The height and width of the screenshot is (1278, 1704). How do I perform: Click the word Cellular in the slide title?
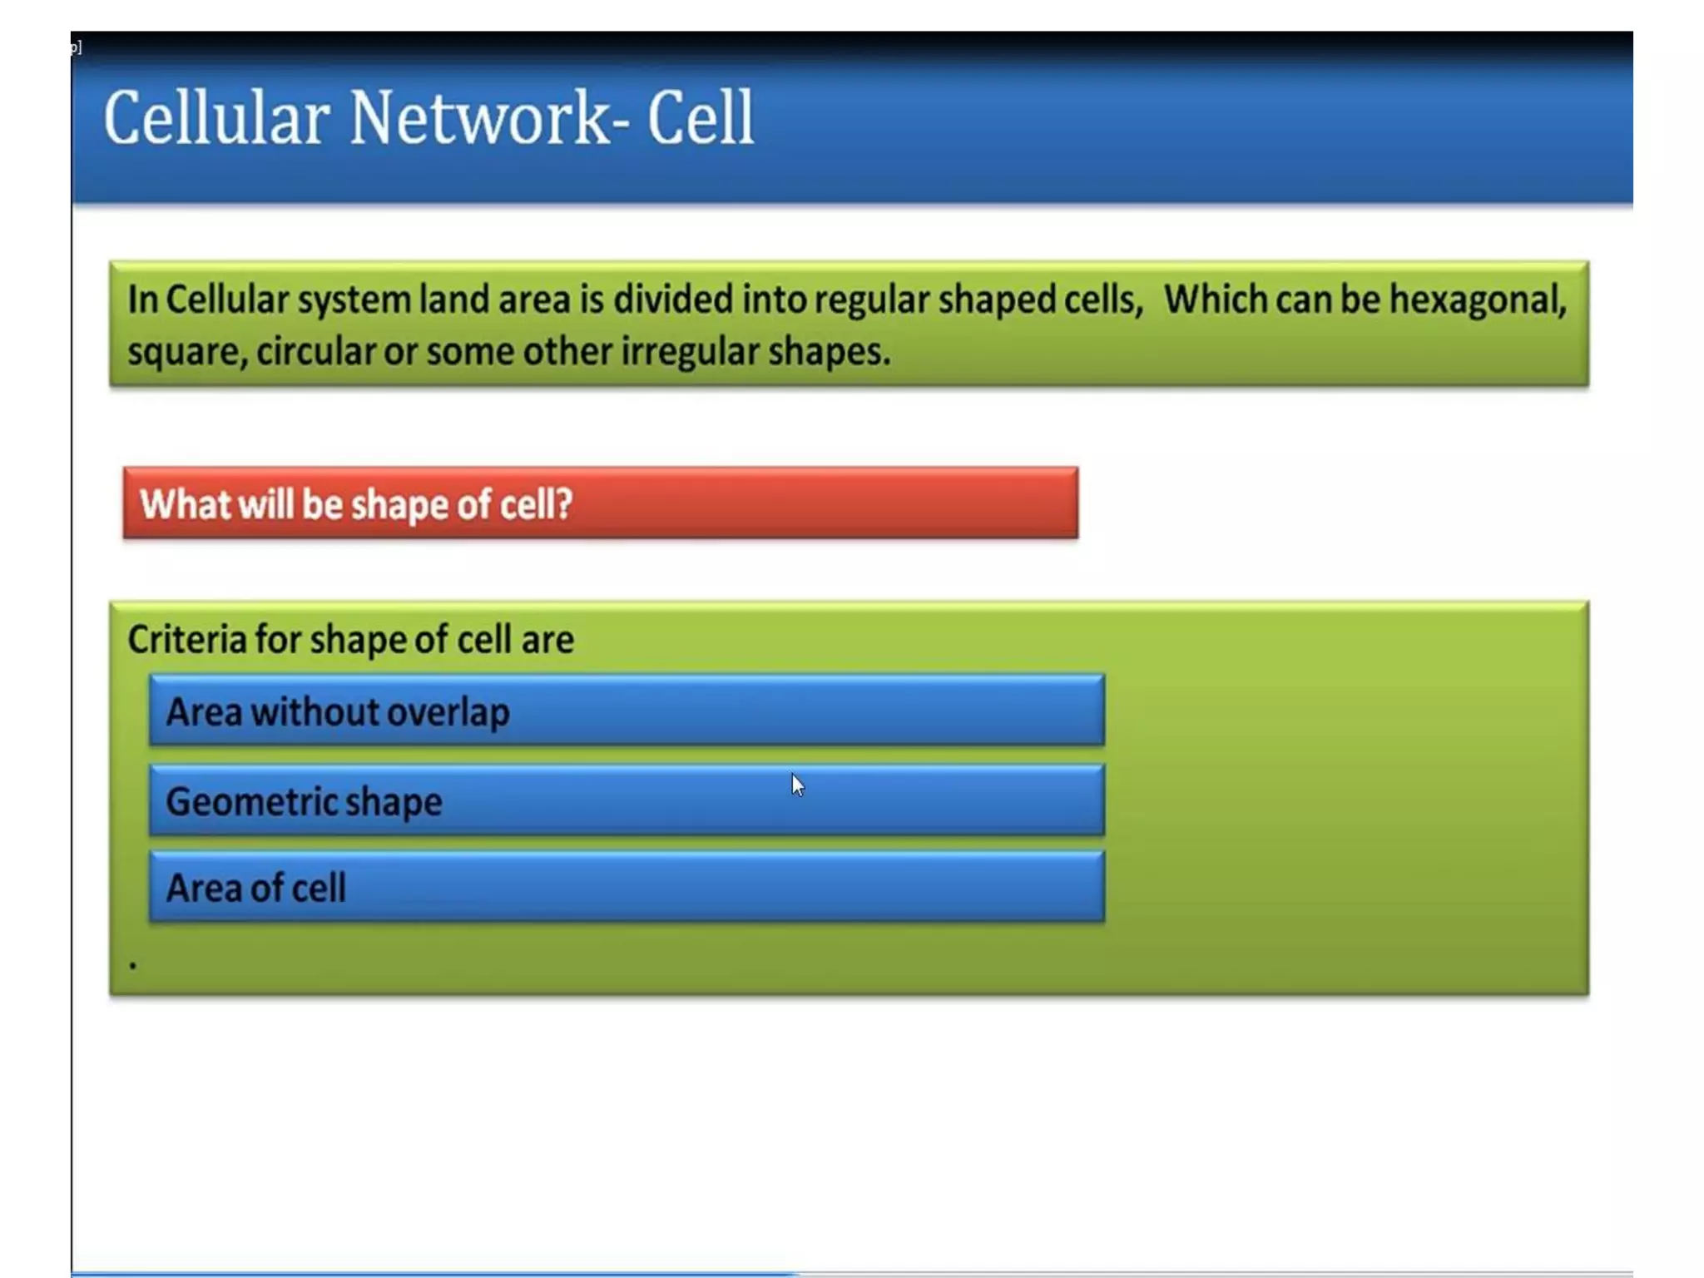(215, 119)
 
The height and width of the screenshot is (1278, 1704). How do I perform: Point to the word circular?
(315, 352)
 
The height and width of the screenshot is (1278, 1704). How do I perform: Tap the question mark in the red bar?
(564, 504)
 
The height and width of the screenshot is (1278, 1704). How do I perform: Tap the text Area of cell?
(255, 888)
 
